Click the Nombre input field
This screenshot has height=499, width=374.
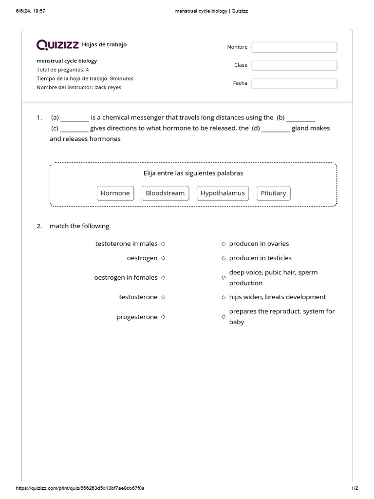tap(294, 47)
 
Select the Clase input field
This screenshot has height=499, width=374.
tap(294, 65)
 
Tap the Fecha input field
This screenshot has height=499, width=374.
tap(294, 83)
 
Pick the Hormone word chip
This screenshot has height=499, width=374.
tap(115, 193)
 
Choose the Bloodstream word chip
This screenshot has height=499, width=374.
tap(165, 193)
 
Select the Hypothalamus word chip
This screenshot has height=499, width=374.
tap(223, 193)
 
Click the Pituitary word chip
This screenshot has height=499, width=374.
tap(273, 193)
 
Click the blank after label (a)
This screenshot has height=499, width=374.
tap(75, 118)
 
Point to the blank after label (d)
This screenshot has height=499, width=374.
tap(276, 129)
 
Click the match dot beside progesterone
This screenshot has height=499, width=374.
tap(163, 317)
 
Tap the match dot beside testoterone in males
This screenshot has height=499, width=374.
tap(163, 244)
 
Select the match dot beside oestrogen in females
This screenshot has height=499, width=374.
tap(163, 278)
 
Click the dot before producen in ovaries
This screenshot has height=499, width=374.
tap(224, 244)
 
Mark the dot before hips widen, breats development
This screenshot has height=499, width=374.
tap(224, 297)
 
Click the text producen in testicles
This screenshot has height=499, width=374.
tap(260, 258)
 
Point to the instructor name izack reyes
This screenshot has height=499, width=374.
tap(108, 87)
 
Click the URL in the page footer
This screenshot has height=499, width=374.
tap(80, 488)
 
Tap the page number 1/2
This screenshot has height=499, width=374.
tap(354, 488)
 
